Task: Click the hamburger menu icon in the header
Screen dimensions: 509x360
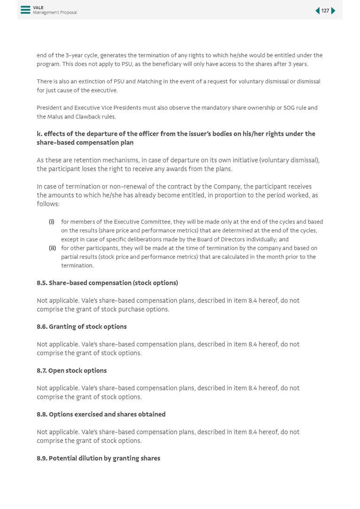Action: (25, 10)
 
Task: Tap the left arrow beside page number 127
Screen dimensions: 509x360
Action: (317, 11)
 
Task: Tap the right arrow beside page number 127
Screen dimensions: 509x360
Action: (334, 11)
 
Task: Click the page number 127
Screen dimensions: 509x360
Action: (325, 11)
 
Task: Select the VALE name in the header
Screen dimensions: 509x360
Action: (38, 8)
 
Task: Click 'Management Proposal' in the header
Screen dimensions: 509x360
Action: (55, 13)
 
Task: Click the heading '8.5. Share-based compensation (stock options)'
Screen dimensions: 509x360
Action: (107, 283)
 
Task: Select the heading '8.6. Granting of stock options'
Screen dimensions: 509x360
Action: (82, 327)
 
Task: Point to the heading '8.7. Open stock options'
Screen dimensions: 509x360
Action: (71, 370)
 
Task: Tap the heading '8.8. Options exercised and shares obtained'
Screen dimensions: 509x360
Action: (101, 414)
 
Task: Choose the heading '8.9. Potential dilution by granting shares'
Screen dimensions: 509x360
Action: (98, 458)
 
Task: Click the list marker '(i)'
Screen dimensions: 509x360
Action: (52, 222)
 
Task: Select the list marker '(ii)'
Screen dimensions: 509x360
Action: (52, 248)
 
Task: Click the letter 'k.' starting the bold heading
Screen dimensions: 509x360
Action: (39, 134)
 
